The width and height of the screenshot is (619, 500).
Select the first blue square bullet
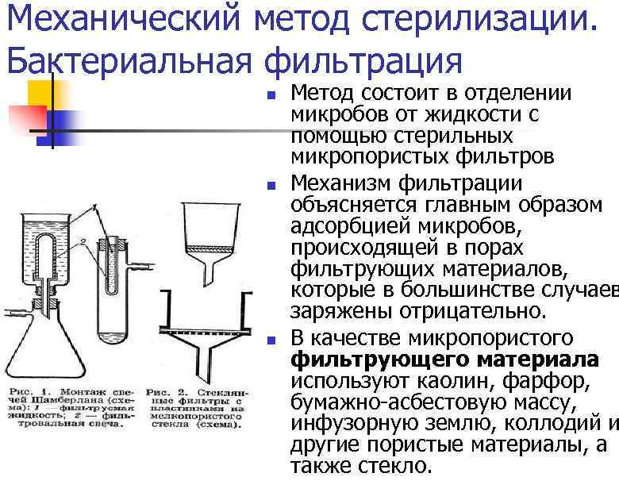[x=271, y=96]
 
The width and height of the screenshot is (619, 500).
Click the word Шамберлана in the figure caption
[x=67, y=403]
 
